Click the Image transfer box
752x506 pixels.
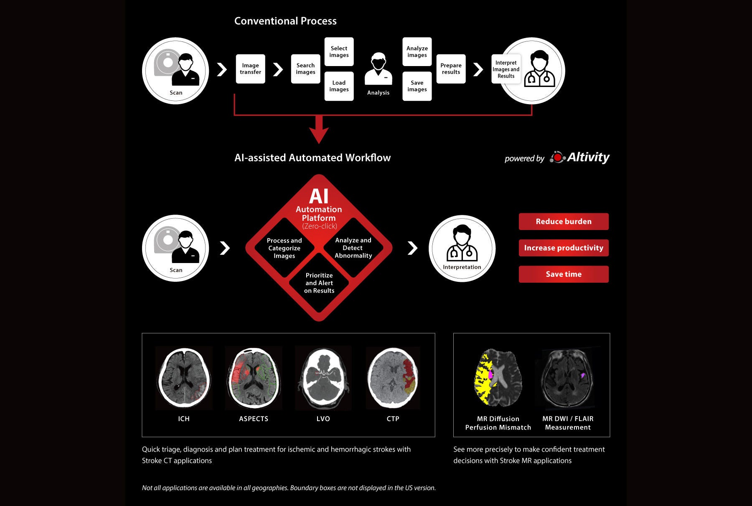point(250,69)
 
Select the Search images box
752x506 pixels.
point(305,69)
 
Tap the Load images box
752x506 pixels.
point(339,86)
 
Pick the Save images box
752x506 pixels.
point(417,86)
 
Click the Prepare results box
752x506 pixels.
point(451,69)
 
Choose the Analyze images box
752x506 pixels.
point(417,52)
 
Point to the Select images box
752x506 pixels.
point(339,52)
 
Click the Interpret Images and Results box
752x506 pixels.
point(506,69)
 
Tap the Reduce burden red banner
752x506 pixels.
point(564,222)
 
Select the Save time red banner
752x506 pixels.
point(564,274)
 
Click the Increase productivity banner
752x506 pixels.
point(564,248)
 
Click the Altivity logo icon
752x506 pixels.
point(557,157)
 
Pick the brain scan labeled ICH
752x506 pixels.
point(184,378)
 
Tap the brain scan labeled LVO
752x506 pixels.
point(323,378)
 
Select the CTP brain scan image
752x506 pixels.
point(393,378)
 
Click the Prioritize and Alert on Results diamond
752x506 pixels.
point(319,283)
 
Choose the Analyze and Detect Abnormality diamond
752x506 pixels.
point(353,248)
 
